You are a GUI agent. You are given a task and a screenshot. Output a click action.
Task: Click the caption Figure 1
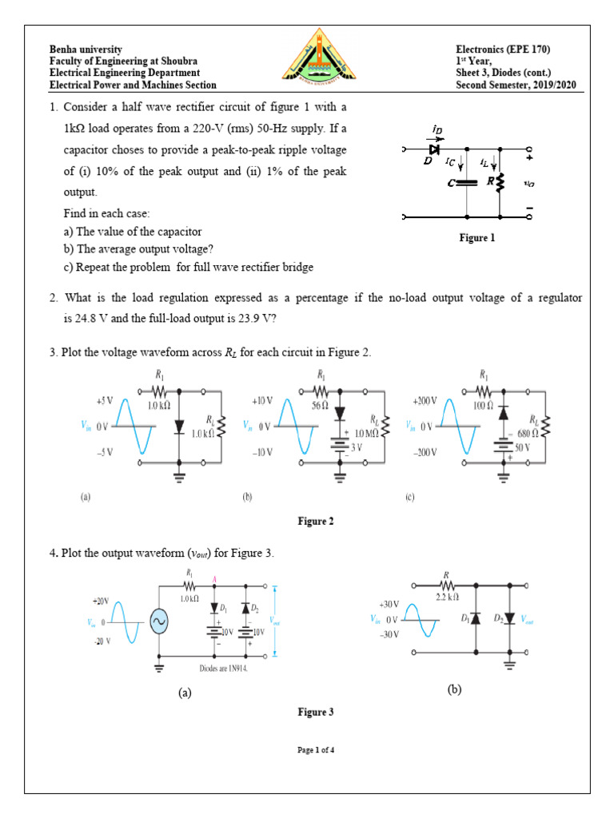(477, 237)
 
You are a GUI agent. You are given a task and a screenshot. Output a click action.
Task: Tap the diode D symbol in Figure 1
(434, 149)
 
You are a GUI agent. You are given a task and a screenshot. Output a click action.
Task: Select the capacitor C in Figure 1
(466, 183)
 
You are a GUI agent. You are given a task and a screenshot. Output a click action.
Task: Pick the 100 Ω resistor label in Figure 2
(482, 405)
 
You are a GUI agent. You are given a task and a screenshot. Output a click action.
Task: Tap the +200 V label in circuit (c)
(424, 400)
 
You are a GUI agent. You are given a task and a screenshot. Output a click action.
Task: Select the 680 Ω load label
(528, 432)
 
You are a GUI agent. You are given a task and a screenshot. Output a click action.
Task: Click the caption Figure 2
(316, 522)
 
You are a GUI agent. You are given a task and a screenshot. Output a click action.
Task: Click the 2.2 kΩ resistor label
(447, 596)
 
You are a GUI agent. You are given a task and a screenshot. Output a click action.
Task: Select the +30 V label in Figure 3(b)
(389, 605)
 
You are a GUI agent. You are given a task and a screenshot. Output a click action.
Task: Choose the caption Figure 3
(315, 712)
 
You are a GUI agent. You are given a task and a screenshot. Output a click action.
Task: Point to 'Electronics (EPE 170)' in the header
(503, 50)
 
